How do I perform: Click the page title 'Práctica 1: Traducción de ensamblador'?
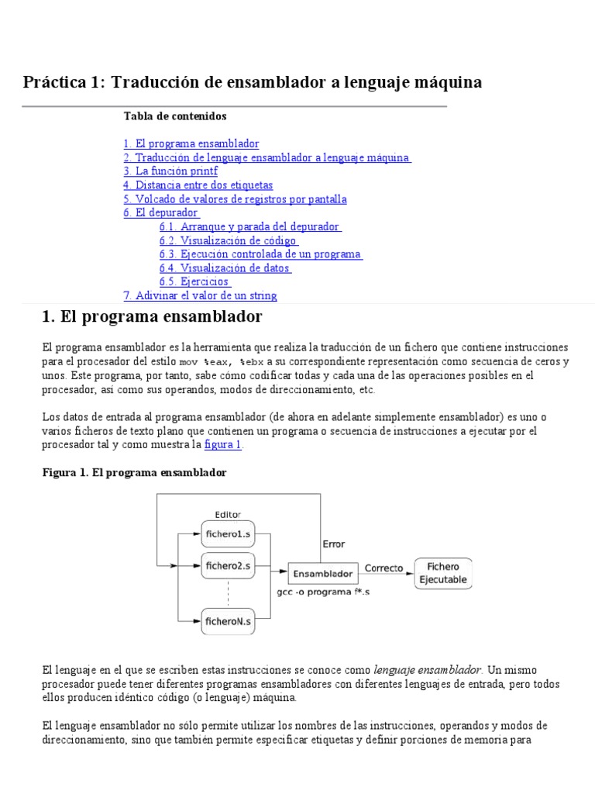pyautogui.click(x=253, y=82)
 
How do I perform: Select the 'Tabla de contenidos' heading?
pyautogui.click(x=175, y=116)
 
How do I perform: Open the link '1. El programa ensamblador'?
pyautogui.click(x=191, y=144)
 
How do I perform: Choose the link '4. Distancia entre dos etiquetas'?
pyautogui.click(x=198, y=185)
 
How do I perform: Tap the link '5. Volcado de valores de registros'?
pyautogui.click(x=235, y=199)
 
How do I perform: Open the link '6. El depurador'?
pyautogui.click(x=161, y=212)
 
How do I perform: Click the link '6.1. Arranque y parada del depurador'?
pyautogui.click(x=250, y=226)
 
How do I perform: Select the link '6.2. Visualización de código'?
pyautogui.click(x=229, y=240)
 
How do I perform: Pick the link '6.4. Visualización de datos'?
pyautogui.click(x=225, y=268)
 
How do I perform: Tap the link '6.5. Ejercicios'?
pyautogui.click(x=194, y=282)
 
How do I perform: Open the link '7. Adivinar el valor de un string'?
pyautogui.click(x=200, y=295)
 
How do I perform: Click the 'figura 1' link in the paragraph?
pyautogui.click(x=223, y=445)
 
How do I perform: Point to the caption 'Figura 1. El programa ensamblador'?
pyautogui.click(x=134, y=472)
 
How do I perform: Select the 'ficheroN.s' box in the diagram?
pyautogui.click(x=227, y=620)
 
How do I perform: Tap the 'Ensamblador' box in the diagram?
pyautogui.click(x=323, y=575)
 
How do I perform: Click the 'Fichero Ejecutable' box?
pyautogui.click(x=444, y=574)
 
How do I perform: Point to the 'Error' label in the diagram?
pyautogui.click(x=334, y=544)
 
